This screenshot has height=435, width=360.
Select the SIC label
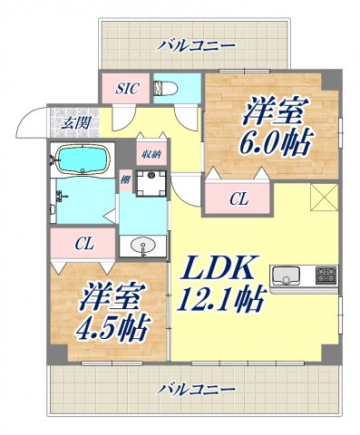coord(127,88)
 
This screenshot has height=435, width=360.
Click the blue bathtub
coord(82,160)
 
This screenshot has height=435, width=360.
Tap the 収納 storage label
coord(151,154)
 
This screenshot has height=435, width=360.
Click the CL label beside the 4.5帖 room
coord(83,243)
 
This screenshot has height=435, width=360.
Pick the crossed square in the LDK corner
coord(323,198)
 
